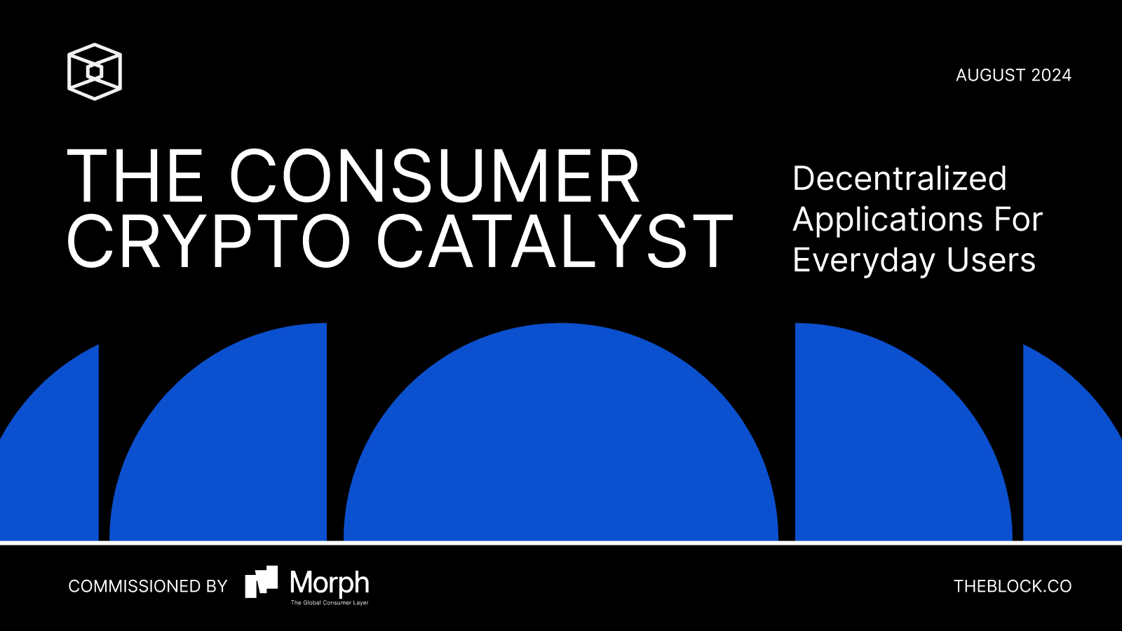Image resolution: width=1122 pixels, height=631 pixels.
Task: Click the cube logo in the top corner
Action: tap(95, 72)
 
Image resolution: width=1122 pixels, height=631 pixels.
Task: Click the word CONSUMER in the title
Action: tap(435, 175)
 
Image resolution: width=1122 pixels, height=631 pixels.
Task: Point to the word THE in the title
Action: tap(135, 175)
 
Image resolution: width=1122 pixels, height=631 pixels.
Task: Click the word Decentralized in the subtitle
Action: tap(900, 178)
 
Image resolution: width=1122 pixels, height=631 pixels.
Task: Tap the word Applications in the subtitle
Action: tap(888, 220)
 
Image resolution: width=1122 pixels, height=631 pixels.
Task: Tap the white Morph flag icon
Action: tap(261, 582)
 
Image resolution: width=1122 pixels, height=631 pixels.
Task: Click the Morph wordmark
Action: tap(330, 583)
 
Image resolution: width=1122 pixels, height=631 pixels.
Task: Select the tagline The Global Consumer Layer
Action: tap(330, 602)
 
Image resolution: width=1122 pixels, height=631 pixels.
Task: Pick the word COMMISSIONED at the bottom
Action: tap(127, 586)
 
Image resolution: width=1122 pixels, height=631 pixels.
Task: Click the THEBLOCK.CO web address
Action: tap(1013, 586)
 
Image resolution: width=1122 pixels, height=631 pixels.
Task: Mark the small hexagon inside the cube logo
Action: tap(95, 72)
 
